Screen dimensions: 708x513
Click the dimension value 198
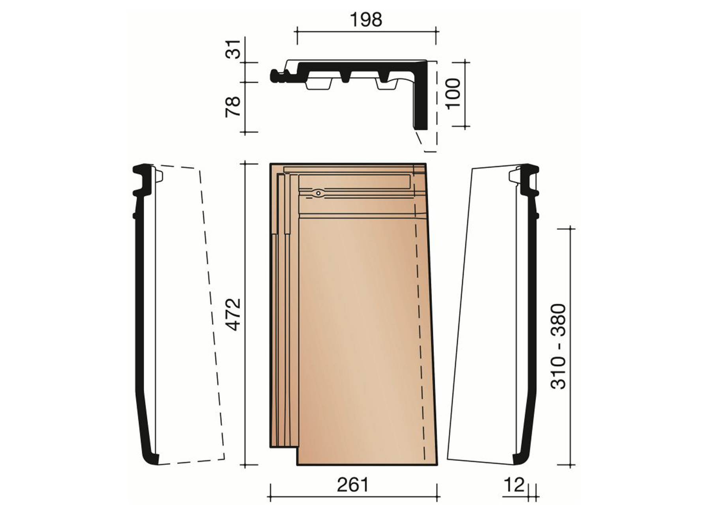pos(366,20)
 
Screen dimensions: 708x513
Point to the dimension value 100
pos(453,93)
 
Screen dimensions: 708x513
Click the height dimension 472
pos(234,315)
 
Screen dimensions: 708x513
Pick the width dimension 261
pos(352,485)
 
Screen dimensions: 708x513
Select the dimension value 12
pos(514,485)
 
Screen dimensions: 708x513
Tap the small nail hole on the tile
pos(318,193)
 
